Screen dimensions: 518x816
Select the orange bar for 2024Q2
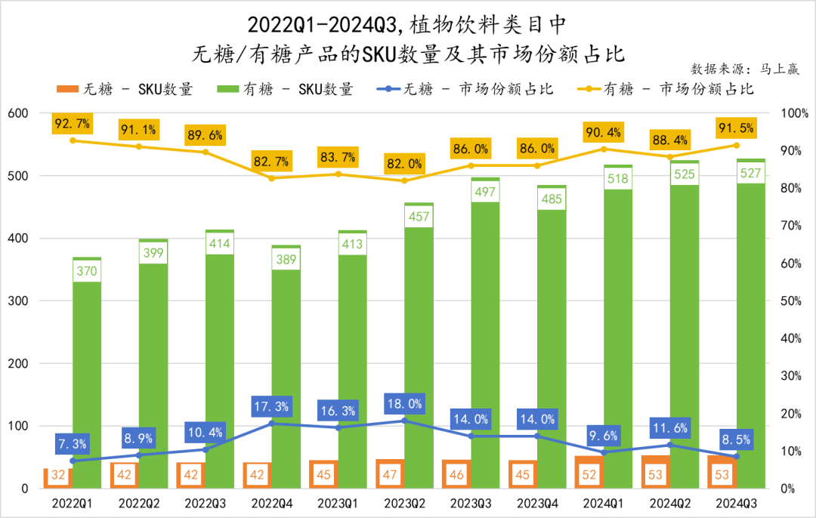click(x=656, y=472)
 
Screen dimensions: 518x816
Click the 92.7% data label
click(x=73, y=123)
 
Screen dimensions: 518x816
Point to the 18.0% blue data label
click(x=403, y=402)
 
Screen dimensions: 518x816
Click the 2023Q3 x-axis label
click(x=470, y=503)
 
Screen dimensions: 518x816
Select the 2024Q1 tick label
click(x=603, y=503)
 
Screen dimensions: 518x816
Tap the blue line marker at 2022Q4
click(x=271, y=424)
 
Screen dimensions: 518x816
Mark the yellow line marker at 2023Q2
click(x=403, y=180)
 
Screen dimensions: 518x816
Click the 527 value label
click(x=750, y=172)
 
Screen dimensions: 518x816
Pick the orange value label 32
click(x=57, y=477)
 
